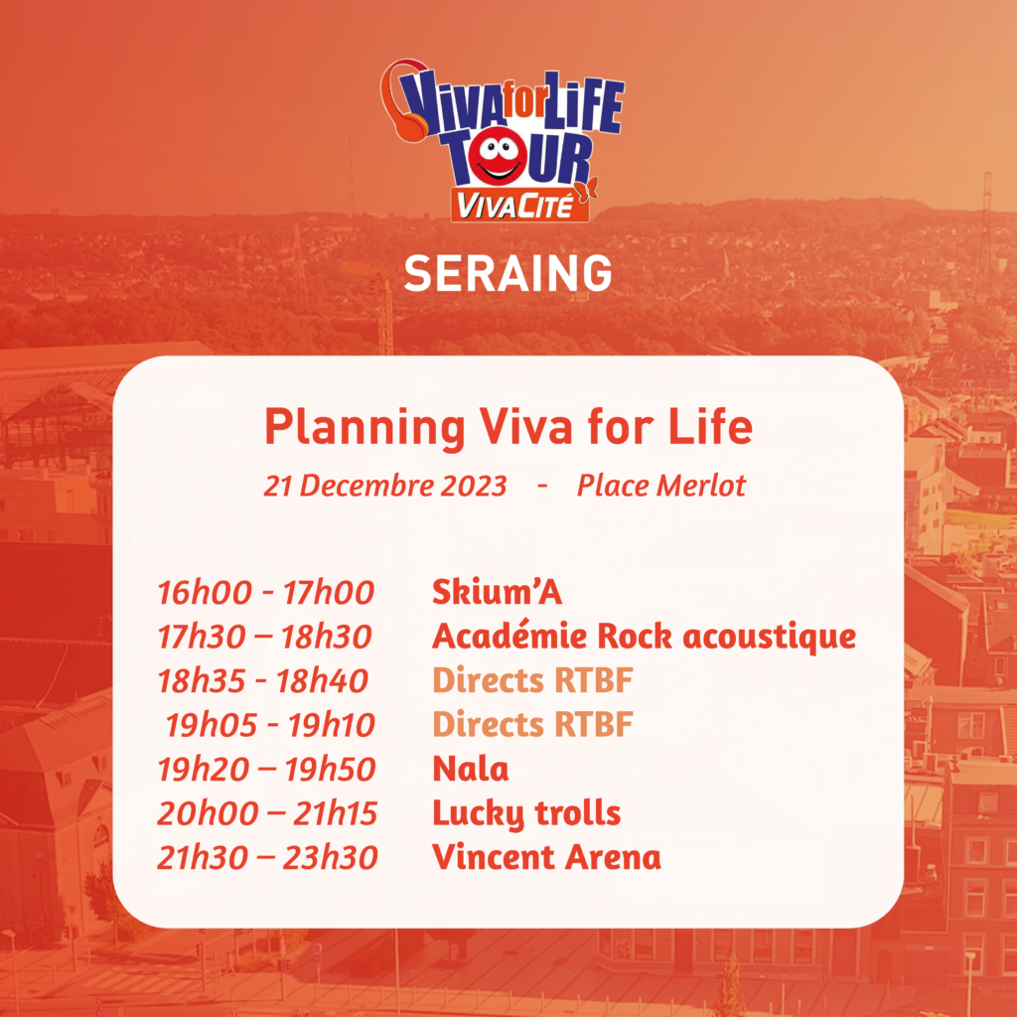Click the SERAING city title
coord(508,272)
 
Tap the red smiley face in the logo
coord(499,158)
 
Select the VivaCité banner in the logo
coord(520,205)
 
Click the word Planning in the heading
coord(365,428)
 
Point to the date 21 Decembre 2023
coord(384,485)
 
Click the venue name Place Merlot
coord(661,485)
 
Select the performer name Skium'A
coord(497,592)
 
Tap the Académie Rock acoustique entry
coord(644,637)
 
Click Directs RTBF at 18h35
coord(532,680)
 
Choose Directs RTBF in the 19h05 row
coord(532,724)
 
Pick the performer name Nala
coord(470,770)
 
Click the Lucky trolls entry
coord(526,813)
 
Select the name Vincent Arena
coord(547,857)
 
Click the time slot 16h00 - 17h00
coord(266,593)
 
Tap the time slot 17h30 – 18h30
coord(264,637)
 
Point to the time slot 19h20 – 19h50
coord(266,770)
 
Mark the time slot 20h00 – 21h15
coord(267,813)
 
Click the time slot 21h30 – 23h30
coord(267,857)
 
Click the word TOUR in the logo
coord(516,158)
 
